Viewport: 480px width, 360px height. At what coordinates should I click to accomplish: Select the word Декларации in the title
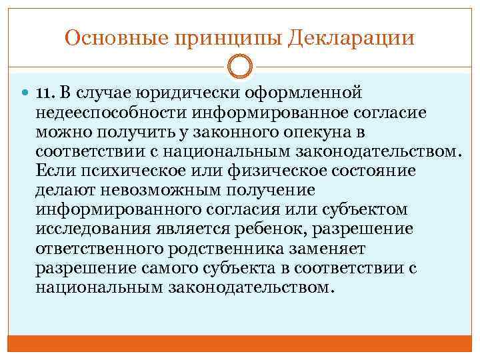(352, 37)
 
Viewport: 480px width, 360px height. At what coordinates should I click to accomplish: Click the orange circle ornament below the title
(240, 68)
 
